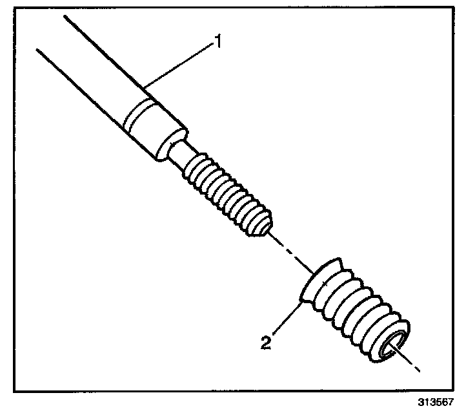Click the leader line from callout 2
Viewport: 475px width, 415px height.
click(x=284, y=319)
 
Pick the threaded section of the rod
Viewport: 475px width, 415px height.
click(x=226, y=191)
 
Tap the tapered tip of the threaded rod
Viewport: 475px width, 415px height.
click(x=263, y=226)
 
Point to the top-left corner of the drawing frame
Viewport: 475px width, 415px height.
click(x=14, y=8)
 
